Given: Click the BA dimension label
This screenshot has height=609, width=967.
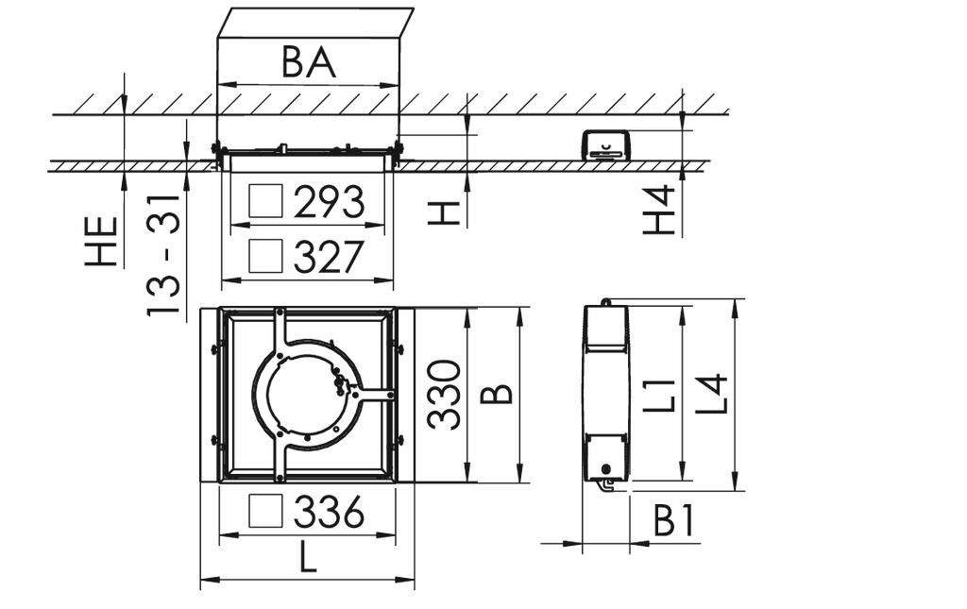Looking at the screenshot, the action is (309, 62).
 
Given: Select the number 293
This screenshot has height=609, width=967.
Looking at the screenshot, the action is (329, 201).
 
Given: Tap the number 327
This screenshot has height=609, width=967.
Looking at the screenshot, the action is (329, 257).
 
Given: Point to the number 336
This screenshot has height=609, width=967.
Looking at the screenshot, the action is (329, 512).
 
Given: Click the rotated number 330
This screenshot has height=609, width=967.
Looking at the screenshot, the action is (444, 395).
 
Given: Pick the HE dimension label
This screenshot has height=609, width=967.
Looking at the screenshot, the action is (101, 241).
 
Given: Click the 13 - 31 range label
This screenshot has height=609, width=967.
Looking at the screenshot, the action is (163, 256).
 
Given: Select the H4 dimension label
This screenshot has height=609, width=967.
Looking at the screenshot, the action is (659, 211).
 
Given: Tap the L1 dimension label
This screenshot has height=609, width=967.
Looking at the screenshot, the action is (661, 395).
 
